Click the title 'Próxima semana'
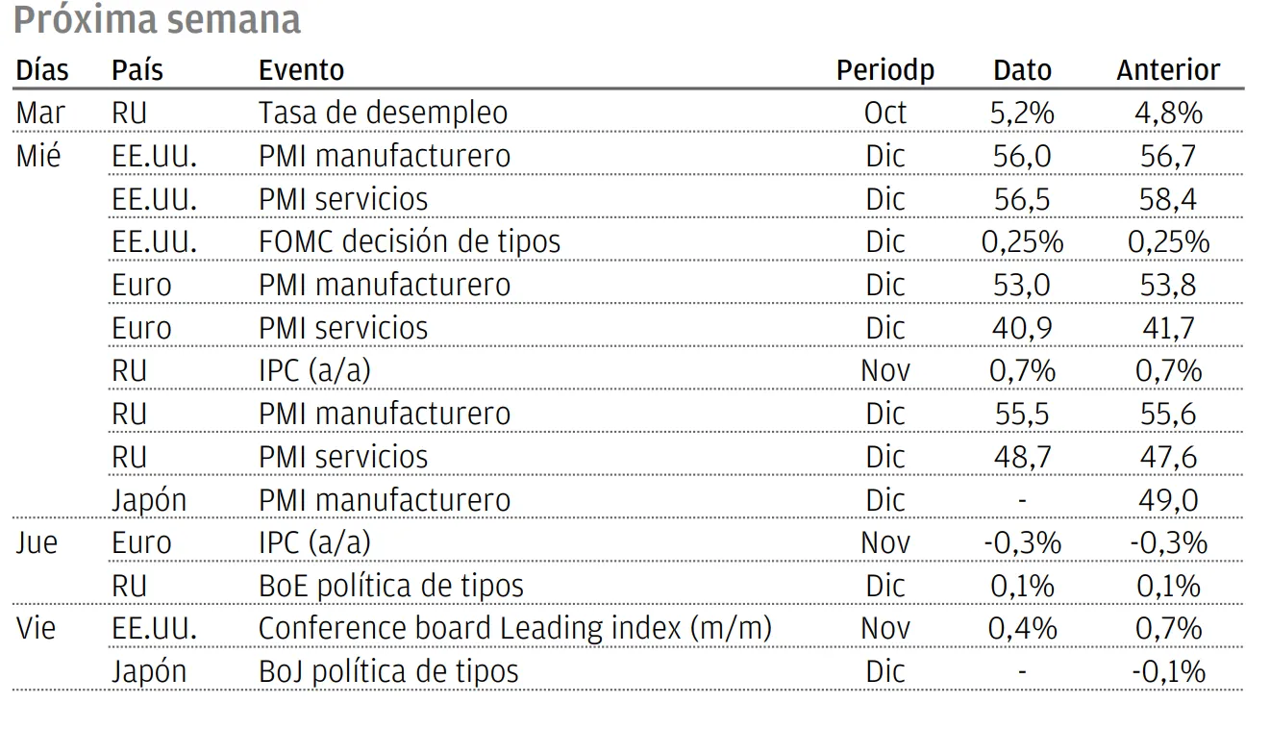point(157,20)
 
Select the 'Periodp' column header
point(885,71)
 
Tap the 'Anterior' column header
point(1168,70)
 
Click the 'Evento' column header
point(301,70)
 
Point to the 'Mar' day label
point(40,113)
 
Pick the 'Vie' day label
point(36,629)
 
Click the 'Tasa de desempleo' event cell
point(383,113)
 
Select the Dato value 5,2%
point(1022,113)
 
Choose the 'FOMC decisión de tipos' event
point(410,242)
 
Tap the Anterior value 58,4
point(1167,200)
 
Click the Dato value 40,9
point(1022,329)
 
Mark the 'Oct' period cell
point(885,113)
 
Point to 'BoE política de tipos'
point(390,586)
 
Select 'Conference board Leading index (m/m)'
point(514,629)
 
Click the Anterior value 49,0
point(1168,500)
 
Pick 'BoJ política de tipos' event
point(388,671)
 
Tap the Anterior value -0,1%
point(1168,672)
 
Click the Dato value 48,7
point(1022,457)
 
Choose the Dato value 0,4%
point(1022,629)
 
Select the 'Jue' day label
point(37,543)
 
